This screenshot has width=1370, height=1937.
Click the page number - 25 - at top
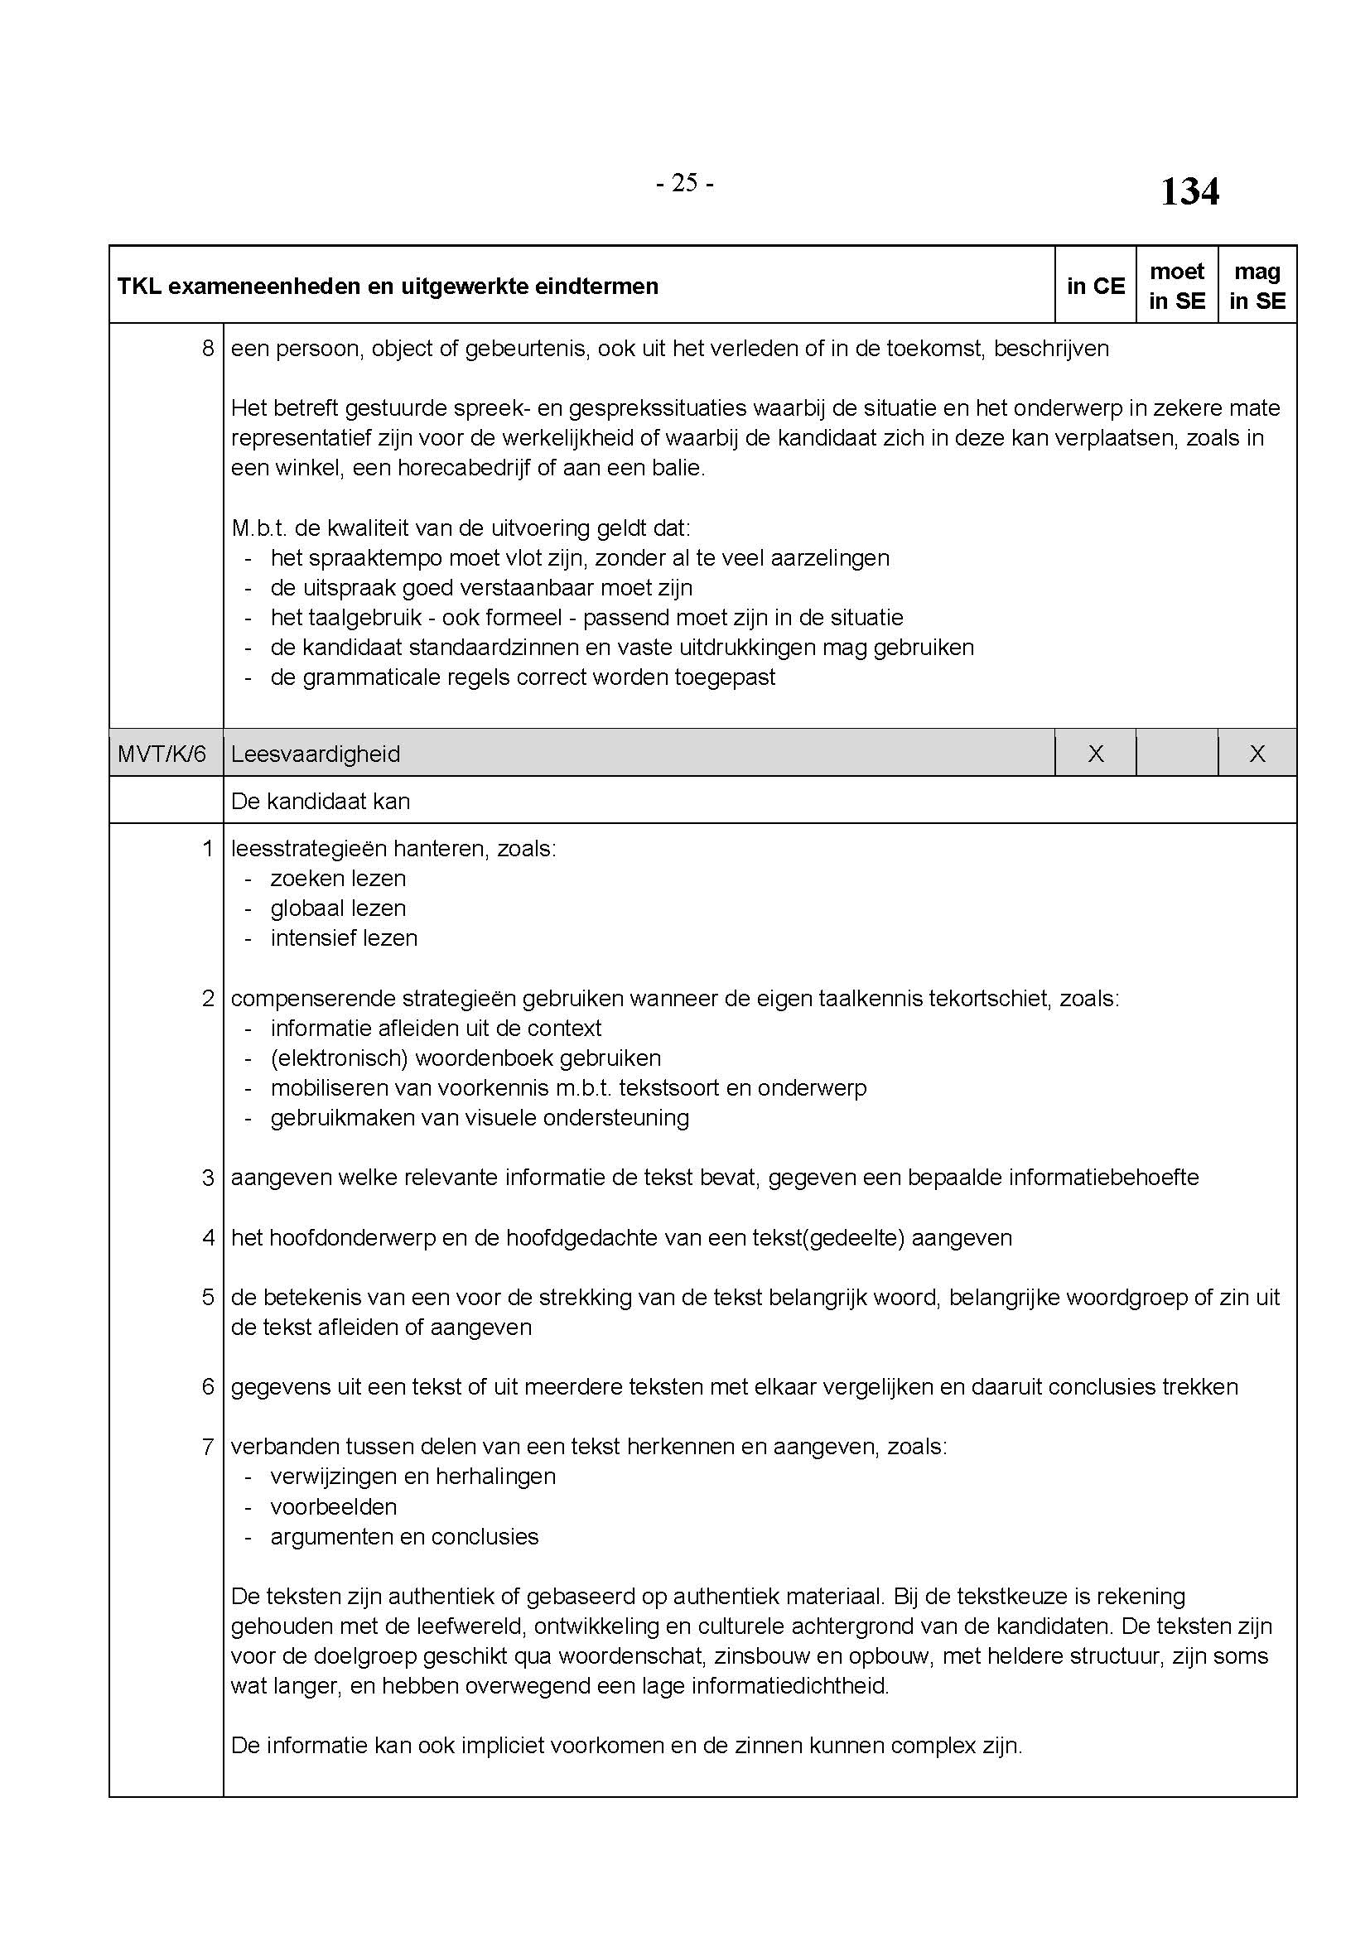(x=684, y=183)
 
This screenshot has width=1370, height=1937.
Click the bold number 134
(x=1189, y=191)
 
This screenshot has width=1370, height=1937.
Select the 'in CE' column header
(x=1095, y=286)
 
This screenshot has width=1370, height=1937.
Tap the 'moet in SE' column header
(x=1177, y=286)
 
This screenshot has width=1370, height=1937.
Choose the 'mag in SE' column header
(x=1257, y=286)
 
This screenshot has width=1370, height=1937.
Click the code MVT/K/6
(x=162, y=754)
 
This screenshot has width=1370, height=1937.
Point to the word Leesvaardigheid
(x=316, y=754)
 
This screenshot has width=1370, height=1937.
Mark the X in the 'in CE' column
(x=1095, y=754)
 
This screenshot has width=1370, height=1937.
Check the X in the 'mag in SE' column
(x=1257, y=754)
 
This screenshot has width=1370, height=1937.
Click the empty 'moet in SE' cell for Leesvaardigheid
(x=1177, y=754)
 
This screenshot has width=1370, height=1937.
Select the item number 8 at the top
(x=209, y=349)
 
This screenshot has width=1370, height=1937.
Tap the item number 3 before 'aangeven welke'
(x=209, y=1177)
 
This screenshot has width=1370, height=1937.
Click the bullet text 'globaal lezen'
(x=338, y=908)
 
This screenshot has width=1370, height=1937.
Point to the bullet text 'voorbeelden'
(x=333, y=1506)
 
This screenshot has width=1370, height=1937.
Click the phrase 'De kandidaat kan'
(x=321, y=801)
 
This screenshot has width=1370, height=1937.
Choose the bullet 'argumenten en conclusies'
(x=404, y=1536)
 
